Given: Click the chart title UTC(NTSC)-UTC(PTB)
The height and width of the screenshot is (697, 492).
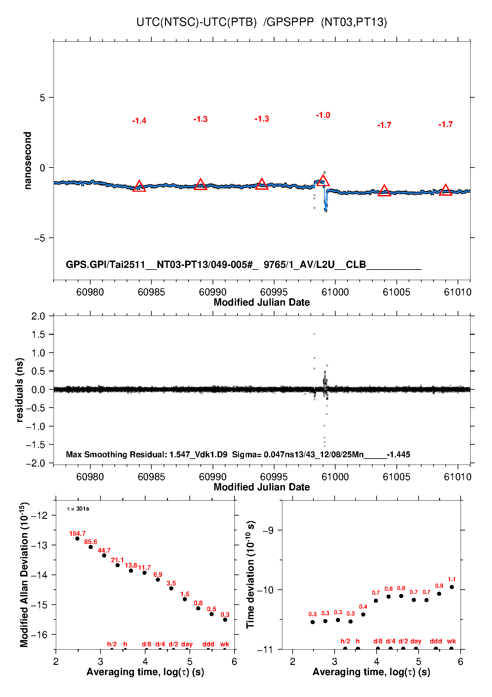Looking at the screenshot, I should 196,22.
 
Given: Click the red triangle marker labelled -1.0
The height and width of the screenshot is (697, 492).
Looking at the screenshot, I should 323,181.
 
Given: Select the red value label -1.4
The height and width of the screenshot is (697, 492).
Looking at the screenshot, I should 139,121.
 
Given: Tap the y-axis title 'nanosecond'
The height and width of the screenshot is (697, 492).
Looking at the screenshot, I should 28,161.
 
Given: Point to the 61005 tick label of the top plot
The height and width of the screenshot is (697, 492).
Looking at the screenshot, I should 396,292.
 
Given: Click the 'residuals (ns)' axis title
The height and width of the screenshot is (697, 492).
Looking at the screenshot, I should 20,390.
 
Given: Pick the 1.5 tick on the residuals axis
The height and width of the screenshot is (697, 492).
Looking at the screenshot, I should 38,334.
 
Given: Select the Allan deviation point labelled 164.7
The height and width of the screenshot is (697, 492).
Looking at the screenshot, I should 77,538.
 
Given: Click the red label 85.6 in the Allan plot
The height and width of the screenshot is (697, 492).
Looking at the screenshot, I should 91,542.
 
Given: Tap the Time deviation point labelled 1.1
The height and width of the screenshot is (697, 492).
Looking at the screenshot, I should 452,587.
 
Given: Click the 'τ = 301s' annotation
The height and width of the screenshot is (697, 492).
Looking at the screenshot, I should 78,509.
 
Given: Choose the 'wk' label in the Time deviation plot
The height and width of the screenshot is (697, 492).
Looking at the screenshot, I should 451,641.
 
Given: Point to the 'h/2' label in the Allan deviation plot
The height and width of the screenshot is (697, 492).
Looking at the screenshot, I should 112,644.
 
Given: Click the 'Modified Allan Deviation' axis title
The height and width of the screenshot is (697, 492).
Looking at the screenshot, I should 24,574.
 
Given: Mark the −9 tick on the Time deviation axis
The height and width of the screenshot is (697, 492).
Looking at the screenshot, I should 268,530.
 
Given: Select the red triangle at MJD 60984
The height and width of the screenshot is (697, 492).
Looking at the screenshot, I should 139,186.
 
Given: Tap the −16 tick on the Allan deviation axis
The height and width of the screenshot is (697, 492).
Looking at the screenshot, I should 39,634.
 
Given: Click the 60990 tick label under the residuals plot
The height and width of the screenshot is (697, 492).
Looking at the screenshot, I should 213,477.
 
